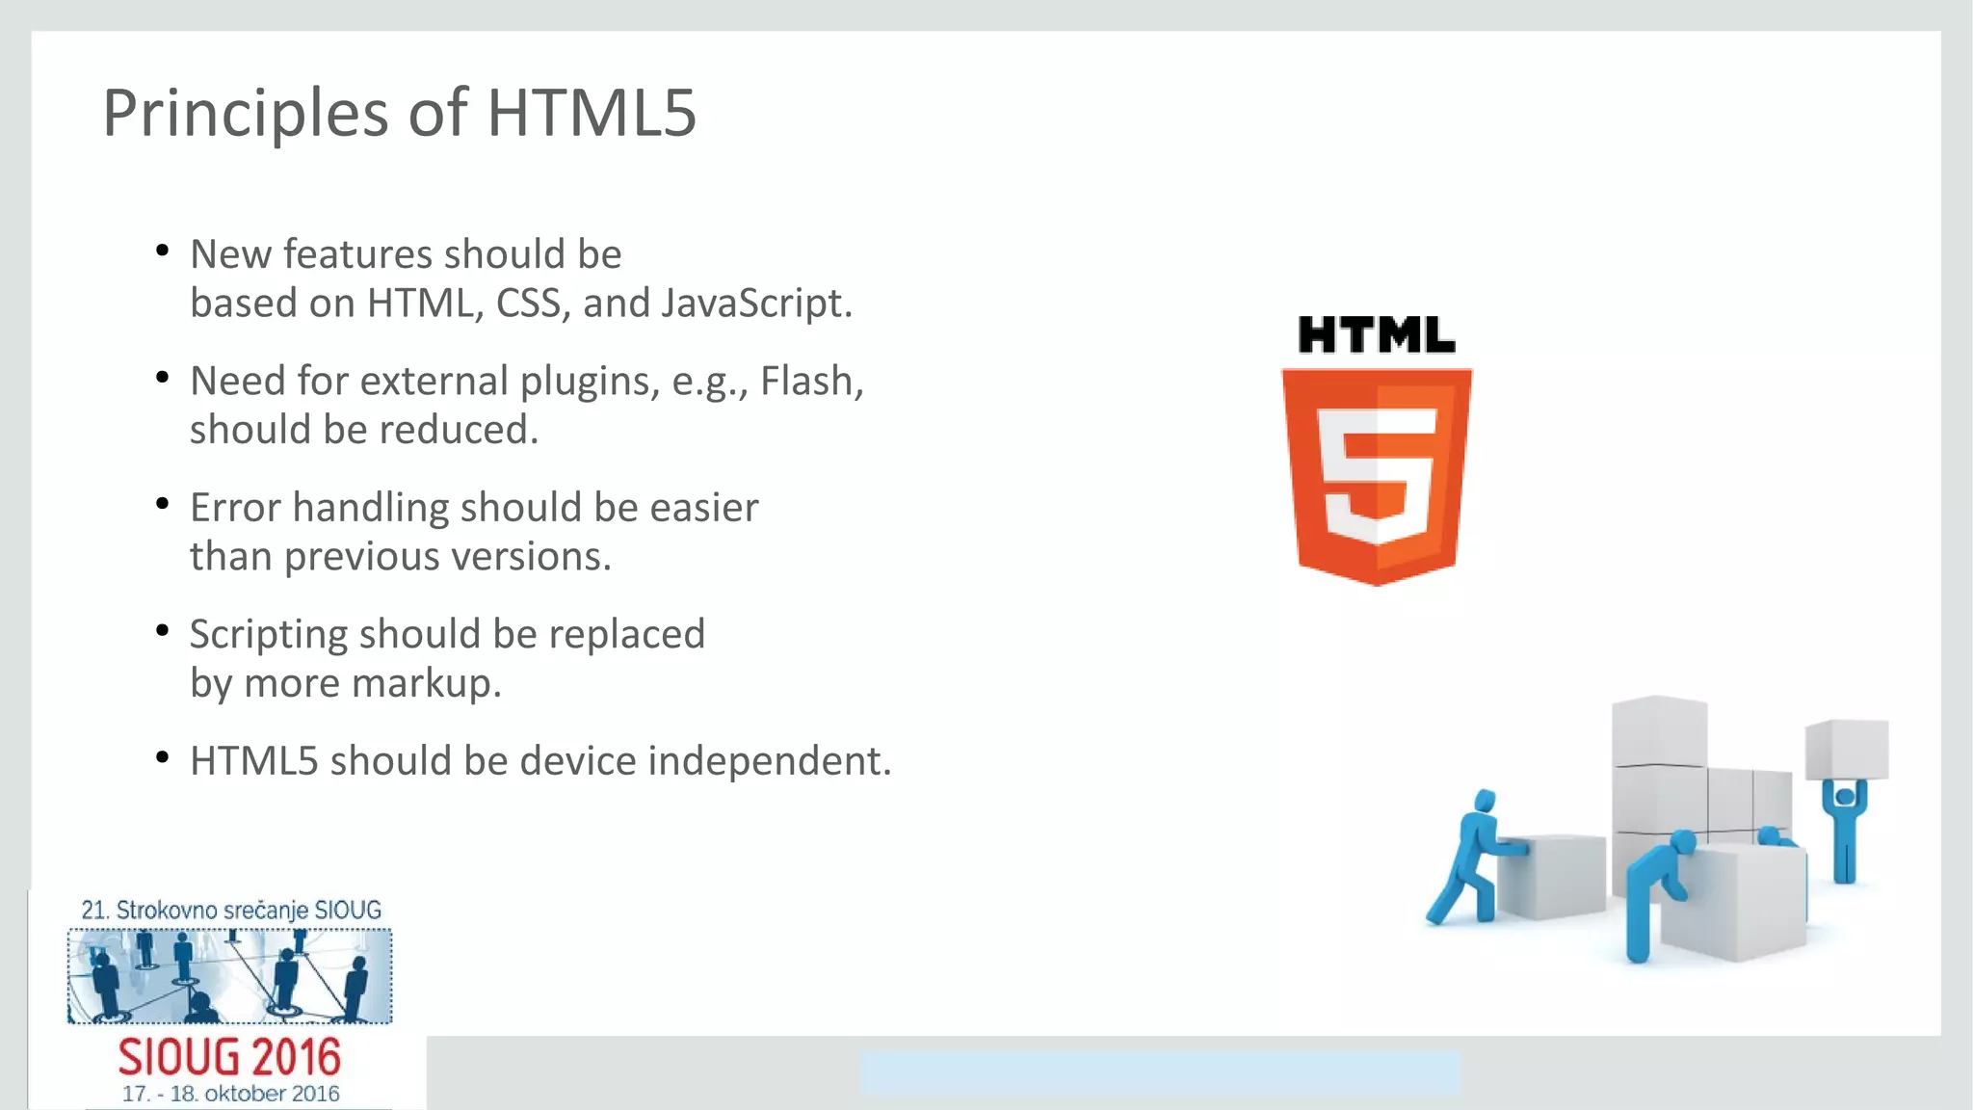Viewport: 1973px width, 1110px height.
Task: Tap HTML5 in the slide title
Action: click(x=591, y=114)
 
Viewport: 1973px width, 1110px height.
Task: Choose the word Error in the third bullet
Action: click(x=235, y=508)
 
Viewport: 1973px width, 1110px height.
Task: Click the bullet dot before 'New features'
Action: click(x=163, y=251)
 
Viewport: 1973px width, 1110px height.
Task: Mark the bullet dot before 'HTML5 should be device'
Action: click(x=163, y=758)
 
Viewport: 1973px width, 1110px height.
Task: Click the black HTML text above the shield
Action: click(x=1376, y=335)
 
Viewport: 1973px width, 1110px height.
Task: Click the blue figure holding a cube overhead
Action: click(x=1844, y=829)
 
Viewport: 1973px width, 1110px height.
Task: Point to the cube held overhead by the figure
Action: click(x=1847, y=749)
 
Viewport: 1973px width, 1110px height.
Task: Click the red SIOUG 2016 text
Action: click(x=229, y=1058)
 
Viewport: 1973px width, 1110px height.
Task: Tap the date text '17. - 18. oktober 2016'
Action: click(x=230, y=1095)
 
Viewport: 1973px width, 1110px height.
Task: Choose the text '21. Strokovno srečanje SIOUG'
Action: click(x=231, y=910)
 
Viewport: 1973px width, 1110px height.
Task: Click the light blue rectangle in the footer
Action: click(x=1160, y=1072)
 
